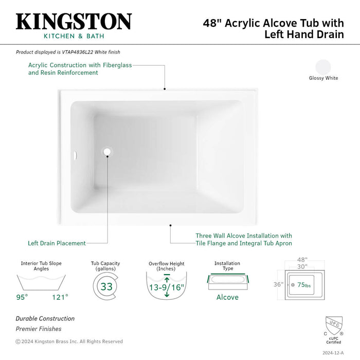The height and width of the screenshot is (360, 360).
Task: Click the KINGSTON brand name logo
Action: point(74,22)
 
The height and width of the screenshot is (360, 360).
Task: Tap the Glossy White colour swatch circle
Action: point(323,67)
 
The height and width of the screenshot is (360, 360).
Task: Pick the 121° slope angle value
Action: point(60,297)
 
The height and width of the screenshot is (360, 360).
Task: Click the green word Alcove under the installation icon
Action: point(227,297)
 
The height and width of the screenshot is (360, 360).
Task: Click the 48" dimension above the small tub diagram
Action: point(301,260)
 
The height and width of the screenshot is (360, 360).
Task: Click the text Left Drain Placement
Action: point(57,243)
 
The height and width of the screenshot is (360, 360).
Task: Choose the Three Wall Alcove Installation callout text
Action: point(243,240)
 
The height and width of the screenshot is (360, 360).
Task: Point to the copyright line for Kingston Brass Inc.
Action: point(69,341)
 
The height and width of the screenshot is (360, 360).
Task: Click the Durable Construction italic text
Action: point(45,319)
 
